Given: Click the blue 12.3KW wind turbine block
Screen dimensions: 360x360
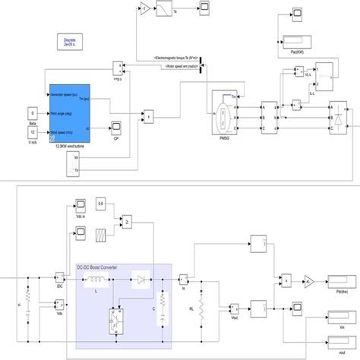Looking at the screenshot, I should [71, 115].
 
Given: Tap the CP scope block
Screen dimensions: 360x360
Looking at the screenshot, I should [116, 126].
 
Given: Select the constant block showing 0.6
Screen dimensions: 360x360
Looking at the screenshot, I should [102, 204].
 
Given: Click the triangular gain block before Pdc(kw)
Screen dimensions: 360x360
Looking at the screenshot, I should [308, 281].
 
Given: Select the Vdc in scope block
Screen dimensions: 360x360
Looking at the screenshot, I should [80, 205].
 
